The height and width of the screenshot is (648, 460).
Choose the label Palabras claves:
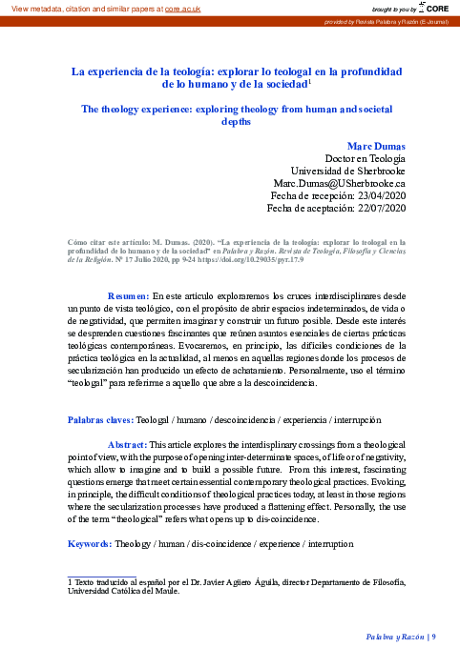tap(99, 419)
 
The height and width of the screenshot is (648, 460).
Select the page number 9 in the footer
tap(434, 636)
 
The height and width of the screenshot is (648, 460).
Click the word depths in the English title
tap(236, 122)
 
